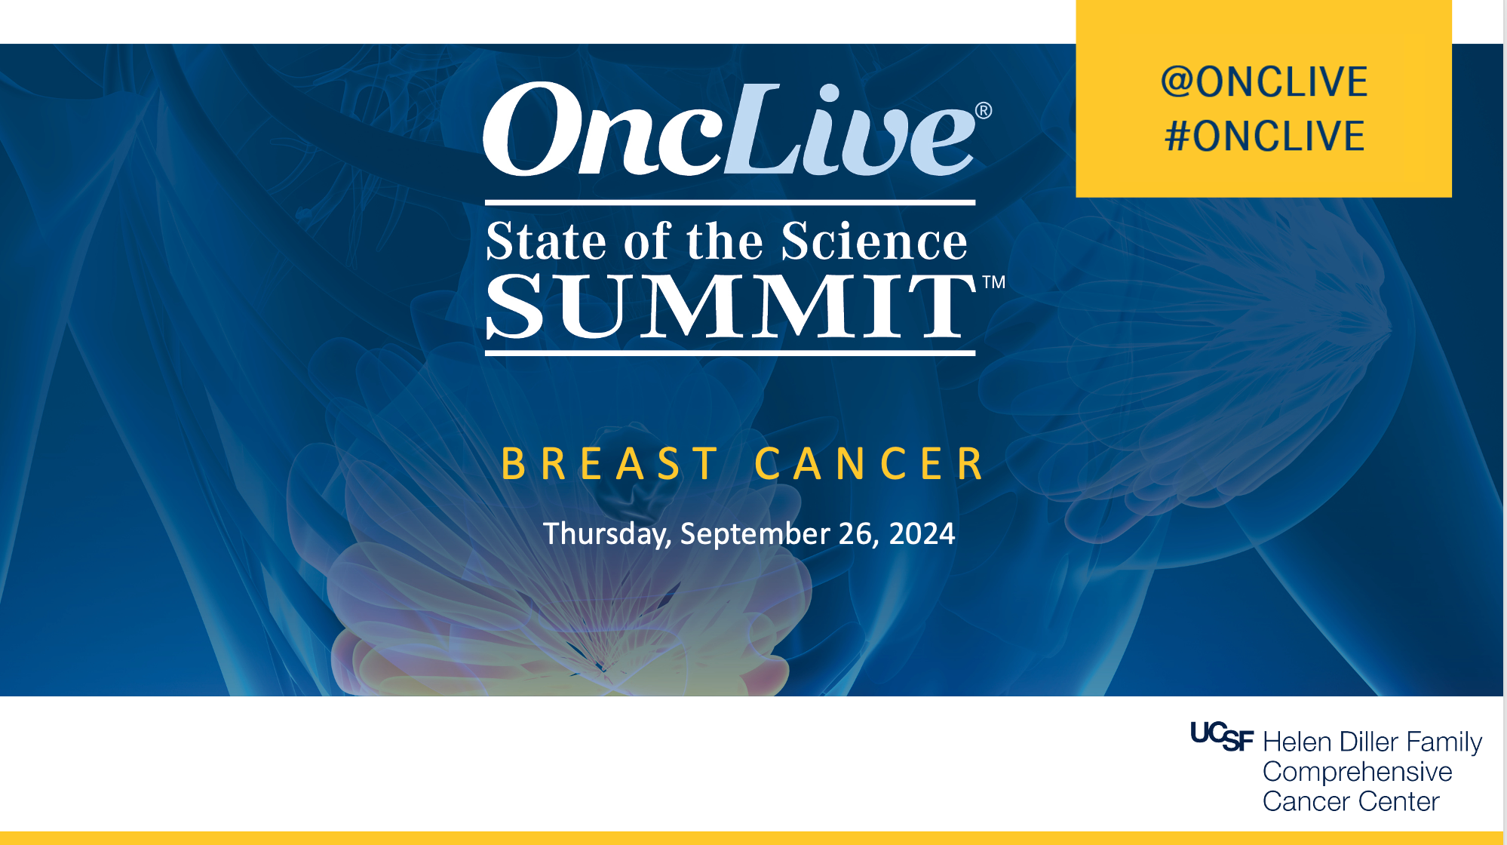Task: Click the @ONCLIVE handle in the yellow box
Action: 1264,81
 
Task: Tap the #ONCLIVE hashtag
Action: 1265,136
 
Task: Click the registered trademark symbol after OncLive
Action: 984,111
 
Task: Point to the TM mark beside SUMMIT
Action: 994,282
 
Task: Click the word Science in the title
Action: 874,241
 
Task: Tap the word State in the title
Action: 546,241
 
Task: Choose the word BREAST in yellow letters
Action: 609,463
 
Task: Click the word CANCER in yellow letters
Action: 869,463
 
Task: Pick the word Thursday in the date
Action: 607,534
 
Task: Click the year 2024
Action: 922,533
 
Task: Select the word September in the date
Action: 755,534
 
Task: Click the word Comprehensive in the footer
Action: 1357,772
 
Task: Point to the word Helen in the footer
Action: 1297,742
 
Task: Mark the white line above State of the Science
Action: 730,203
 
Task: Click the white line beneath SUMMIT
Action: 730,352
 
